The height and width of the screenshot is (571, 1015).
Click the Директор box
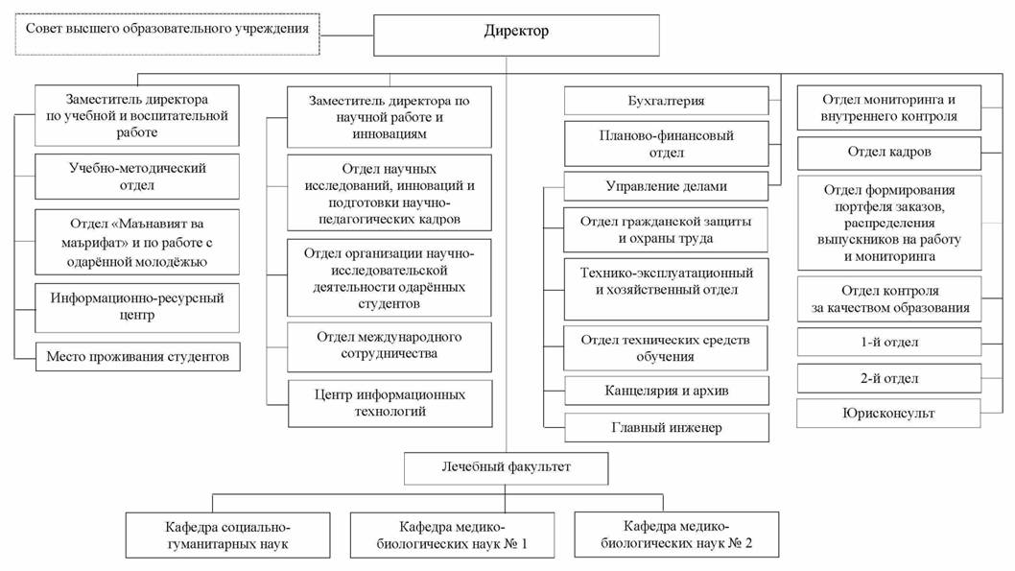click(516, 34)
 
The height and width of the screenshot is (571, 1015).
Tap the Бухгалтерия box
click(666, 101)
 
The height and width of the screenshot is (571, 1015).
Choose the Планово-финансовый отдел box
click(666, 144)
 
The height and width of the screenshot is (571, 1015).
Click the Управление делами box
click(666, 186)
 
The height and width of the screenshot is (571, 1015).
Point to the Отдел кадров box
click(889, 153)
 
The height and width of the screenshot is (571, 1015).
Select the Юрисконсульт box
click(889, 414)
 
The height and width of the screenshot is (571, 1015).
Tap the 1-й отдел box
click(889, 342)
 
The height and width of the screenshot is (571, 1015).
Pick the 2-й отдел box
click(889, 378)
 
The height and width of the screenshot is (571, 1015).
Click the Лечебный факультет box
click(506, 469)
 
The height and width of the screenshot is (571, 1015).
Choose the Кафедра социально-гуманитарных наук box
click(227, 535)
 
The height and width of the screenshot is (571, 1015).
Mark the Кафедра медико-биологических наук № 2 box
click(675, 535)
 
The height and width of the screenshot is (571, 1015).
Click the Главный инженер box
click(666, 427)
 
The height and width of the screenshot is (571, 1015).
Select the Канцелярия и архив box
click(666, 391)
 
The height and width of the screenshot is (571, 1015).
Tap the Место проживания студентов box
click(137, 357)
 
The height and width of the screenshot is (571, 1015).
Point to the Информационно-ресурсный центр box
click(137, 306)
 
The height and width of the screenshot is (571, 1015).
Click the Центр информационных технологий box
click(389, 403)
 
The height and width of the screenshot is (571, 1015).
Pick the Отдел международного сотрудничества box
click(389, 345)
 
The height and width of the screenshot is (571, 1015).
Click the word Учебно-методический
click(137, 168)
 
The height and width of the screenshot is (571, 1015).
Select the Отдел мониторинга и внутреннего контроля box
click(889, 107)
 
